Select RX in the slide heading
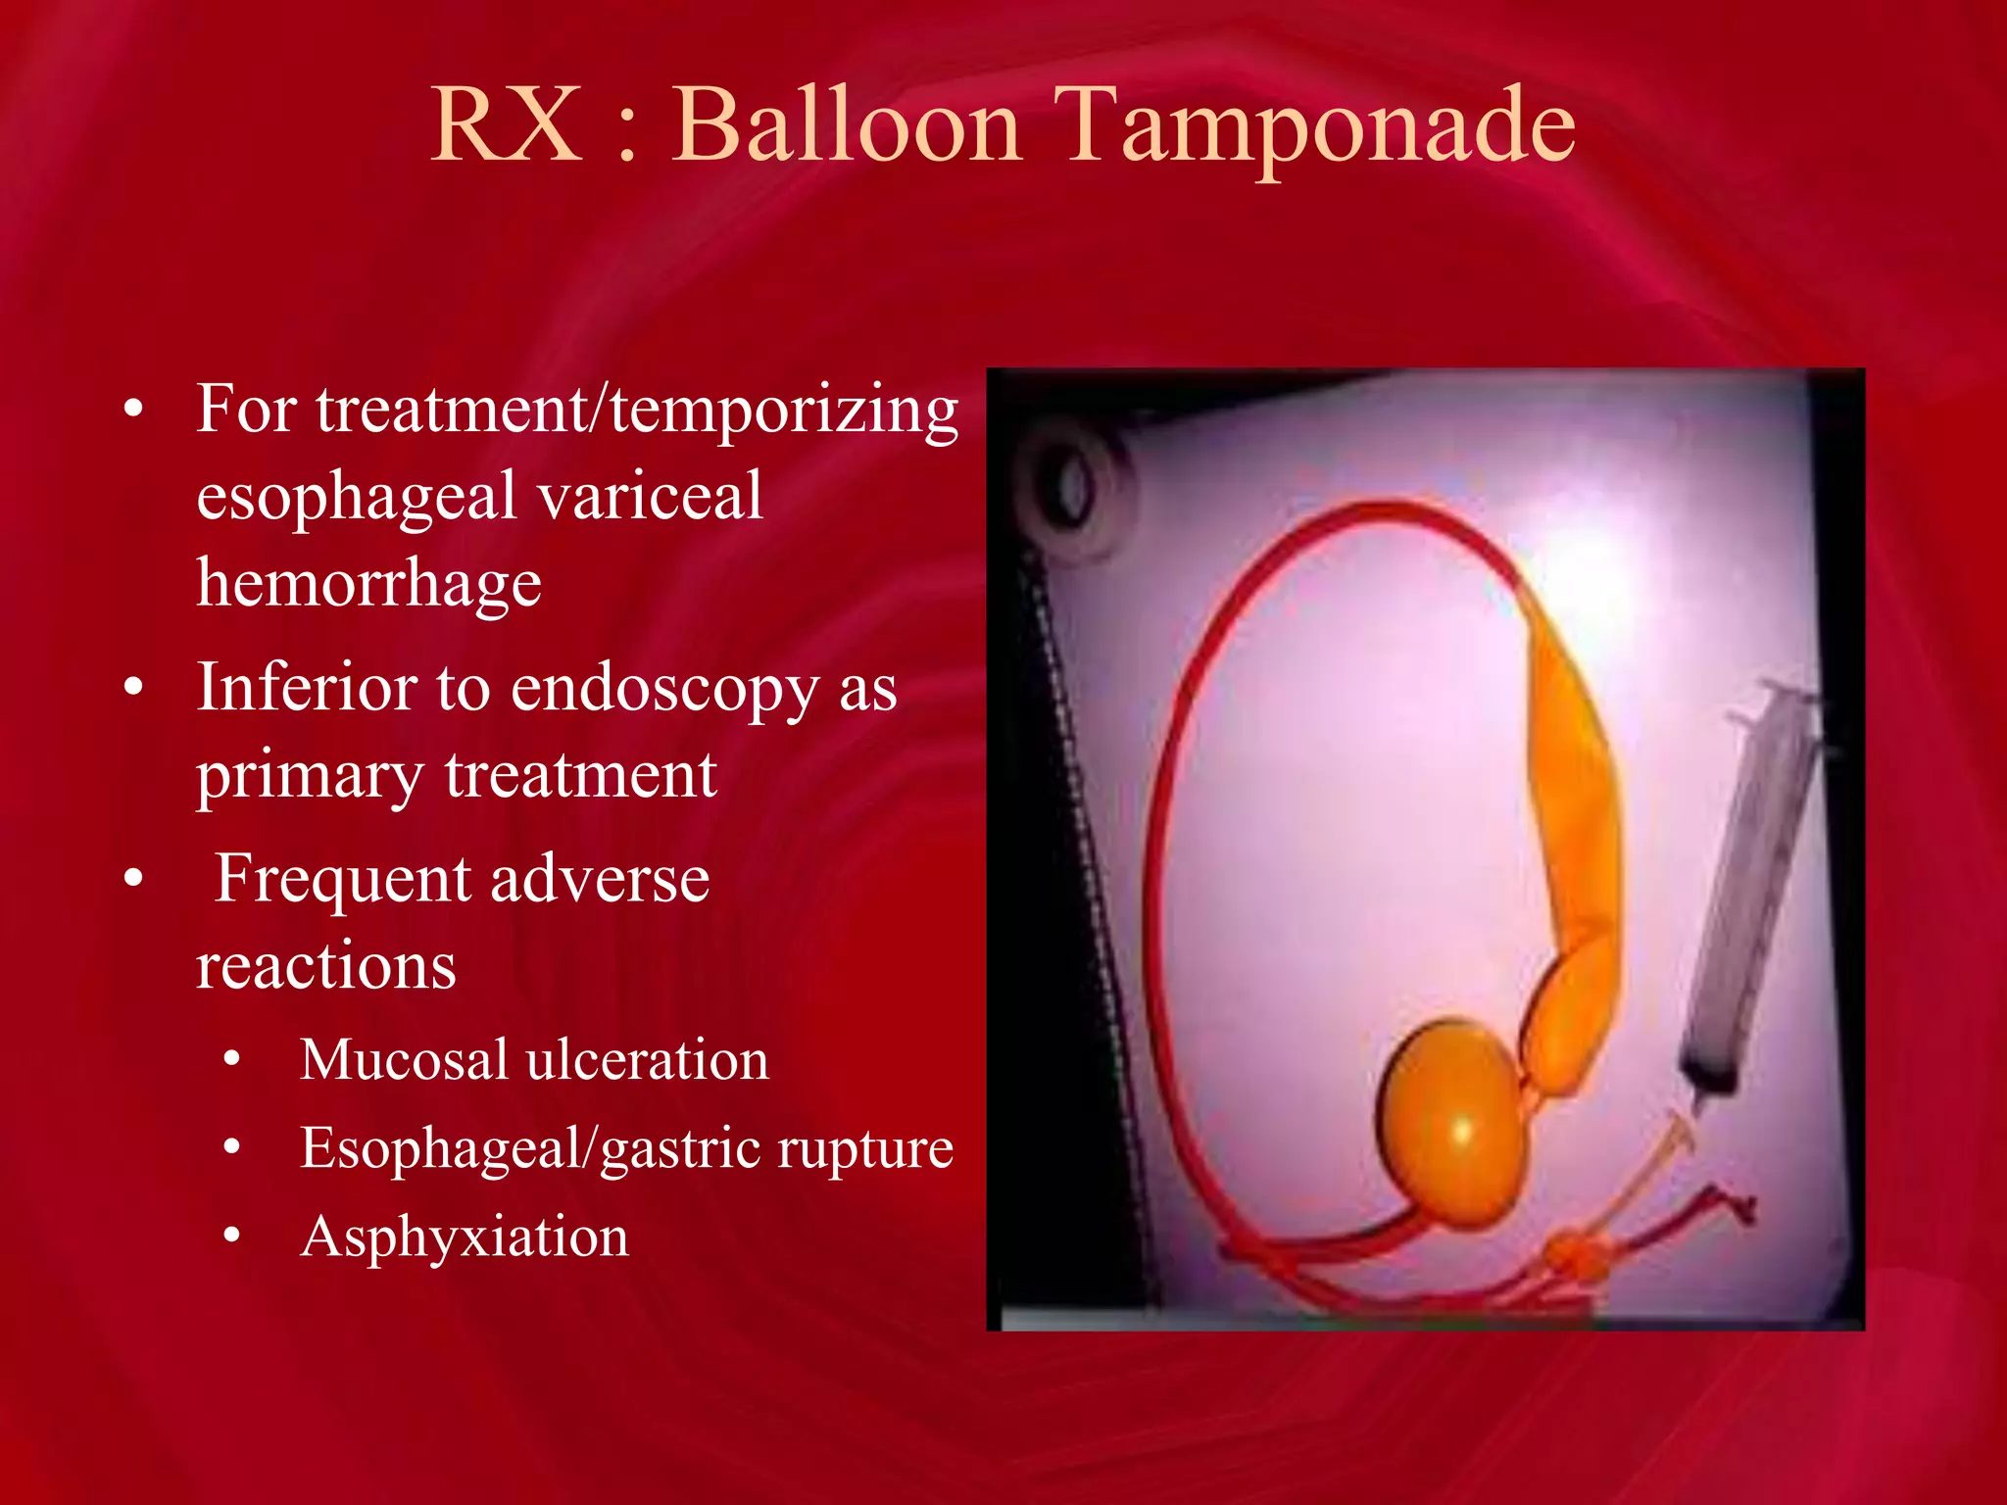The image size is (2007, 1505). tap(507, 125)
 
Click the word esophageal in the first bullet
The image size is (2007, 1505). tap(355, 498)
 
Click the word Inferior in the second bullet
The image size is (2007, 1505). tap(307, 687)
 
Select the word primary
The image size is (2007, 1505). tap(309, 777)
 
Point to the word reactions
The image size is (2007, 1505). tap(325, 965)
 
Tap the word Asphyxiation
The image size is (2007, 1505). tap(465, 1238)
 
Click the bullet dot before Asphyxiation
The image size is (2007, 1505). tap(231, 1236)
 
